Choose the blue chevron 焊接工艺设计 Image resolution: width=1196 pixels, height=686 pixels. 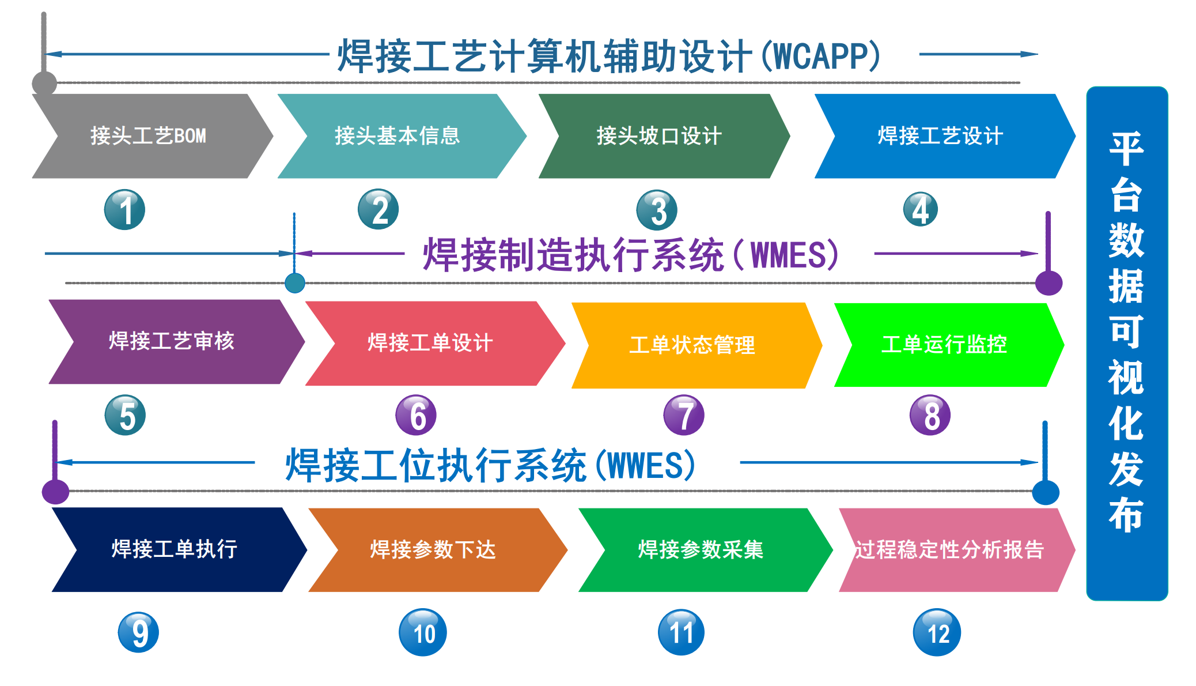pos(945,136)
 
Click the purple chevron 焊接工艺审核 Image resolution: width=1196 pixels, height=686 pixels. pos(176,341)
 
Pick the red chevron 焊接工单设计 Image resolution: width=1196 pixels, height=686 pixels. pos(435,343)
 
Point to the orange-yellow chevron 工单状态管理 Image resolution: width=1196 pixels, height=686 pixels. pos(697,345)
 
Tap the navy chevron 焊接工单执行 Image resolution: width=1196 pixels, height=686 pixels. pos(179,549)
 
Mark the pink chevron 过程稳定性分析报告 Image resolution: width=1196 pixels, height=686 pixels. pos(956,550)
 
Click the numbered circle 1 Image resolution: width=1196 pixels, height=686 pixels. pos(124,210)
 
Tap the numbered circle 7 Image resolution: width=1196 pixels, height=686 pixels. pos(684,415)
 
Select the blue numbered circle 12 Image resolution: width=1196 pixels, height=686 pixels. pos(937,632)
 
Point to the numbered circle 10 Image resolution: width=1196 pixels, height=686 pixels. pos(423,632)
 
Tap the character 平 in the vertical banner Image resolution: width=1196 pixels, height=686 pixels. pos(1126,149)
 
